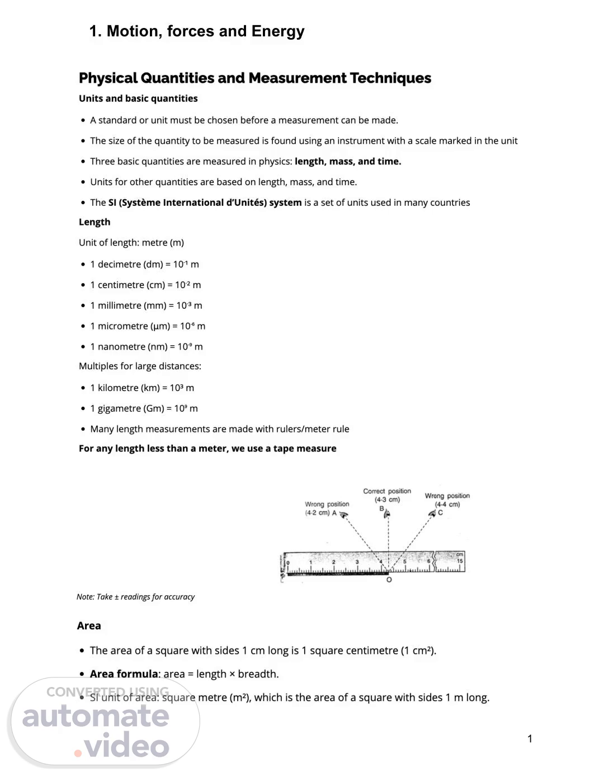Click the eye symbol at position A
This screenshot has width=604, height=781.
click(344, 513)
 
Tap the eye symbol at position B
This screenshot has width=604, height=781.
click(386, 513)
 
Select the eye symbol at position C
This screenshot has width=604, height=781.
click(432, 512)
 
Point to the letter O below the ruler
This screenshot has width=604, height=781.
click(389, 580)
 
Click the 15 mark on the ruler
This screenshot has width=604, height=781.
click(460, 561)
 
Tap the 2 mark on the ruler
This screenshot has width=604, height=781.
click(334, 562)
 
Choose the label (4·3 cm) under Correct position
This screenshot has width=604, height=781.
click(387, 500)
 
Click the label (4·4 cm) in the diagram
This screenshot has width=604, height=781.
click(447, 504)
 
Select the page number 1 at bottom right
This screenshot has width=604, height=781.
click(530, 738)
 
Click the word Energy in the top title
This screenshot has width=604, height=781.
click(278, 31)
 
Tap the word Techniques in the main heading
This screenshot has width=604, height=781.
click(390, 78)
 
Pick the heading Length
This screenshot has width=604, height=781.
click(95, 222)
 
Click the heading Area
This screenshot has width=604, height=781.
click(89, 625)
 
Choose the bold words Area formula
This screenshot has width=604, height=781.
click(124, 674)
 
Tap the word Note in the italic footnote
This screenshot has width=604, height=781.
click(85, 597)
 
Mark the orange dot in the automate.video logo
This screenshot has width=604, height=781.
click(78, 752)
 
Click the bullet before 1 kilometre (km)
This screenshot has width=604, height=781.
click(83, 388)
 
